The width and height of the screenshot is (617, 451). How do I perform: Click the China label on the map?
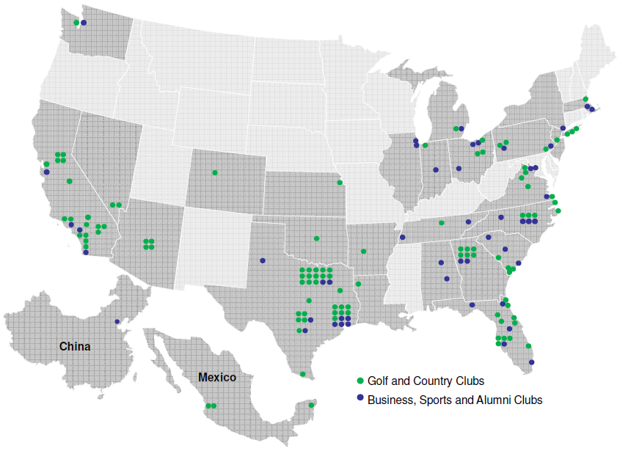75,346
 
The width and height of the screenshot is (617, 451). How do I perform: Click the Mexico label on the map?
217,378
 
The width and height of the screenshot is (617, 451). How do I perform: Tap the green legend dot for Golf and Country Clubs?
359,381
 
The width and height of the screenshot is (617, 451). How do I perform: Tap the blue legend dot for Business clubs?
359,400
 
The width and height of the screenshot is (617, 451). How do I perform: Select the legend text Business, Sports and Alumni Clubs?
454,400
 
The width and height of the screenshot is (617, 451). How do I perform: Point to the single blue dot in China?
117,321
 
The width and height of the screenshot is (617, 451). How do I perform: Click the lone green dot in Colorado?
214,172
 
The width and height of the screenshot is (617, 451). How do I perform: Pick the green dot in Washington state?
76,23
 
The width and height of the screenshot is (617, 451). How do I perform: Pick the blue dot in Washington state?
84,23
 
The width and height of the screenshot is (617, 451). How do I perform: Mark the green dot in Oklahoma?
316,238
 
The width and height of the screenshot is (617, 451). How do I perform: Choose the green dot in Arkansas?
364,252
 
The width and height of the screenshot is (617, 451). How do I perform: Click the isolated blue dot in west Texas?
263,260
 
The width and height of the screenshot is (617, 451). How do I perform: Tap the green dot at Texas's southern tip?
303,374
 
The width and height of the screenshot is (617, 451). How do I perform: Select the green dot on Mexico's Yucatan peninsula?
311,405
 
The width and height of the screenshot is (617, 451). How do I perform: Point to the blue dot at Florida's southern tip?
531,362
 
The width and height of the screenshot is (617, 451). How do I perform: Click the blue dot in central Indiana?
436,170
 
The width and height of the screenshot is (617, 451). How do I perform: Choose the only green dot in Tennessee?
442,223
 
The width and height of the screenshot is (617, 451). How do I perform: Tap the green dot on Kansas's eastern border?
340,182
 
